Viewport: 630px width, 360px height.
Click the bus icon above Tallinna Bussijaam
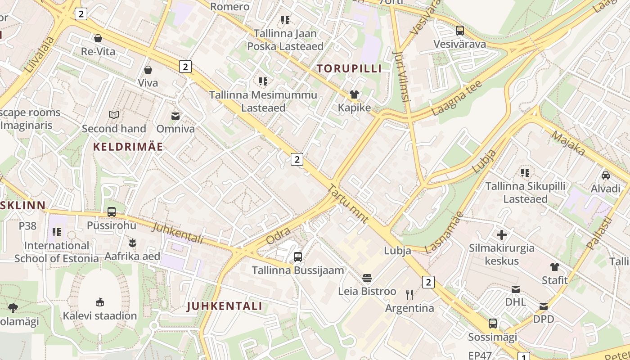click(297, 257)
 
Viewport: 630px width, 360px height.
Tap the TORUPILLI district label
click(349, 68)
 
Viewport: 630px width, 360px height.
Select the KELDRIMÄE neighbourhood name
click(128, 146)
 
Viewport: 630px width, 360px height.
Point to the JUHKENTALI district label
click(224, 306)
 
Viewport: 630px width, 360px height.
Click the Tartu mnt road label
click(348, 204)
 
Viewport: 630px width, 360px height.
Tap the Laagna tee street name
click(456, 98)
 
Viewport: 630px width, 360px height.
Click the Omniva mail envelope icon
click(175, 116)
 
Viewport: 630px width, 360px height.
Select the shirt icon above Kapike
click(354, 94)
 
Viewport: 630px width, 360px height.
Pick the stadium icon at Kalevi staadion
click(99, 302)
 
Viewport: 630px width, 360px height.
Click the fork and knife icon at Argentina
click(409, 295)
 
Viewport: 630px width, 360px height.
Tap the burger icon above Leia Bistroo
click(367, 278)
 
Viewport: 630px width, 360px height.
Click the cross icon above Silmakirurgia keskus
click(502, 234)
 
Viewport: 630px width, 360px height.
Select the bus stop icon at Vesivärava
click(459, 31)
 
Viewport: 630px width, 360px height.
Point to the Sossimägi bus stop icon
click(493, 323)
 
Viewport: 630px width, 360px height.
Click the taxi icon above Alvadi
click(605, 175)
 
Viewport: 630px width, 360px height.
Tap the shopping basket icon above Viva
click(148, 70)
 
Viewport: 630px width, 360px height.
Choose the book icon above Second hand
click(114, 115)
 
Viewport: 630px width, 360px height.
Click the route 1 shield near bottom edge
click(523, 357)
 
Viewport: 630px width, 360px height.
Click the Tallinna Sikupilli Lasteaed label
click(525, 193)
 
